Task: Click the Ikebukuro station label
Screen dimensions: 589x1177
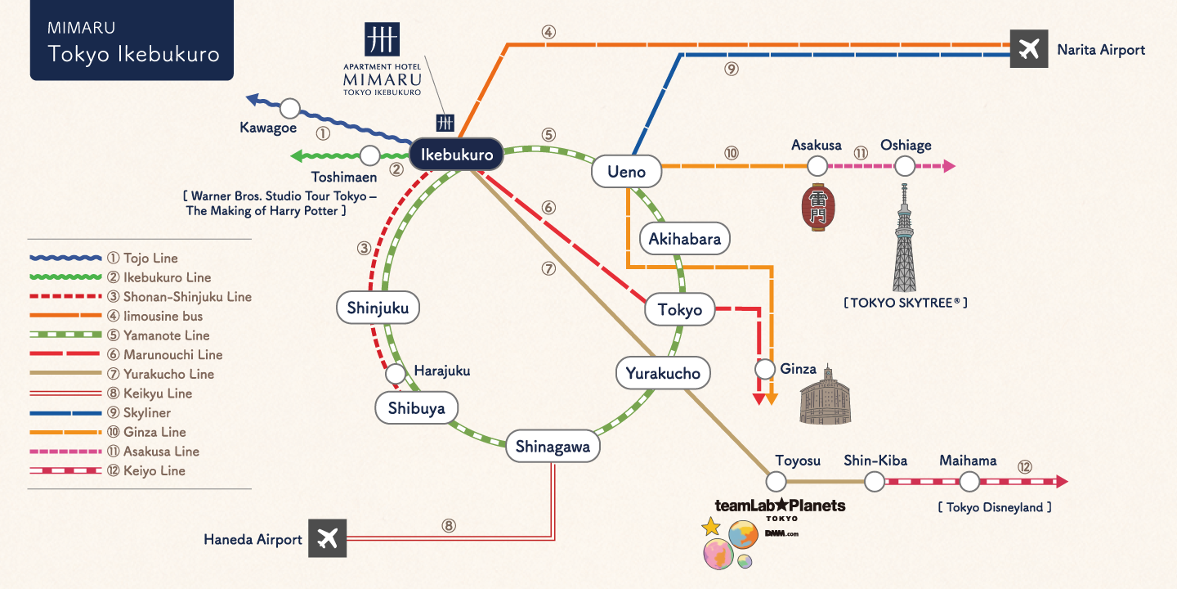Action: pos(456,155)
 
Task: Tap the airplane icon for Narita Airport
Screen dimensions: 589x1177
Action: pos(1028,49)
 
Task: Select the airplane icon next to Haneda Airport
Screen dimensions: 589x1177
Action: pos(327,538)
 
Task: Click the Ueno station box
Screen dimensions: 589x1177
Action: pos(627,172)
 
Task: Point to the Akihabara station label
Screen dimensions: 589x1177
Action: pos(684,239)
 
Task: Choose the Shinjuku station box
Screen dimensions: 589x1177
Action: pos(378,308)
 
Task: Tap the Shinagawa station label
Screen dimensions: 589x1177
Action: pos(553,447)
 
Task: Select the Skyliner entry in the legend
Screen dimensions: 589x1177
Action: pos(147,413)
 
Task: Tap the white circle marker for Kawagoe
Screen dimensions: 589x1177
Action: pos(290,108)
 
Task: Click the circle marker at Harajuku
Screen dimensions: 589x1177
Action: pos(396,374)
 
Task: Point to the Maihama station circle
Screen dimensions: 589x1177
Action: pos(969,481)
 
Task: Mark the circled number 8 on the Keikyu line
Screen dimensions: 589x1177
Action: pos(448,526)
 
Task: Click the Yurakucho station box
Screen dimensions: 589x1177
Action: pos(663,374)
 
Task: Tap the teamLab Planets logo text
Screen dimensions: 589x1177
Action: pos(780,506)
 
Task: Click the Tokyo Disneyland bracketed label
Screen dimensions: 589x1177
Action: pos(995,508)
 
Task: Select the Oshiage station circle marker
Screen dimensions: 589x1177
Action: pos(905,166)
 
